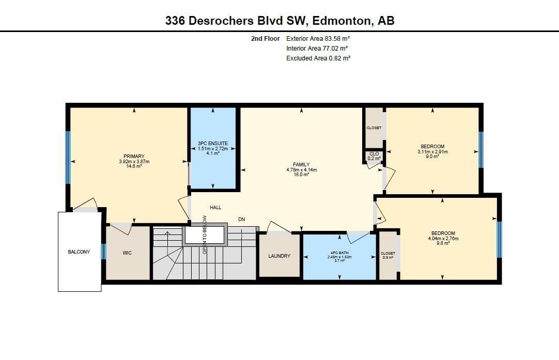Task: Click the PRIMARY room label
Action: (134, 156)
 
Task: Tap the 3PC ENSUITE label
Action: (213, 143)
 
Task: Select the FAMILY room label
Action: (301, 164)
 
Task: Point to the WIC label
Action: (127, 253)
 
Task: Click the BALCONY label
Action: (79, 252)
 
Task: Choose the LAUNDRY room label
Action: (279, 256)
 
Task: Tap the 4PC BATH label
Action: (339, 253)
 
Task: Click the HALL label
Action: (215, 207)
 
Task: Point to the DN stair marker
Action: (242, 219)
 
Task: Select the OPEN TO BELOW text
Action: (205, 234)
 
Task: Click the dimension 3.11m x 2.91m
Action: (432, 151)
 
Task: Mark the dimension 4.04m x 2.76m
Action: (443, 239)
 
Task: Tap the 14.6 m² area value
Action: (134, 166)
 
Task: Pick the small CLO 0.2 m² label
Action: (374, 156)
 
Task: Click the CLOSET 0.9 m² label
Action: (388, 255)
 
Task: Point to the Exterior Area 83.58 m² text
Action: (318, 39)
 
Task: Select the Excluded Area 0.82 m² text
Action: (318, 58)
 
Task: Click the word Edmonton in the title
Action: (341, 20)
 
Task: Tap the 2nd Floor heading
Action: (265, 39)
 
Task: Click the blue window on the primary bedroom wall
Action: (68, 158)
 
